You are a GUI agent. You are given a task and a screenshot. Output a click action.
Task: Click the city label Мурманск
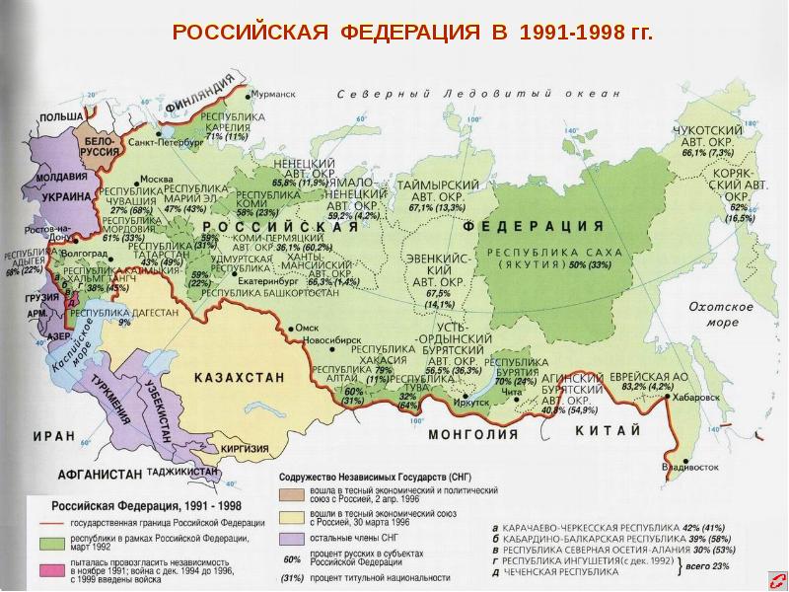273,95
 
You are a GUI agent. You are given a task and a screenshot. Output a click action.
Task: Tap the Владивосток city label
687,466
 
